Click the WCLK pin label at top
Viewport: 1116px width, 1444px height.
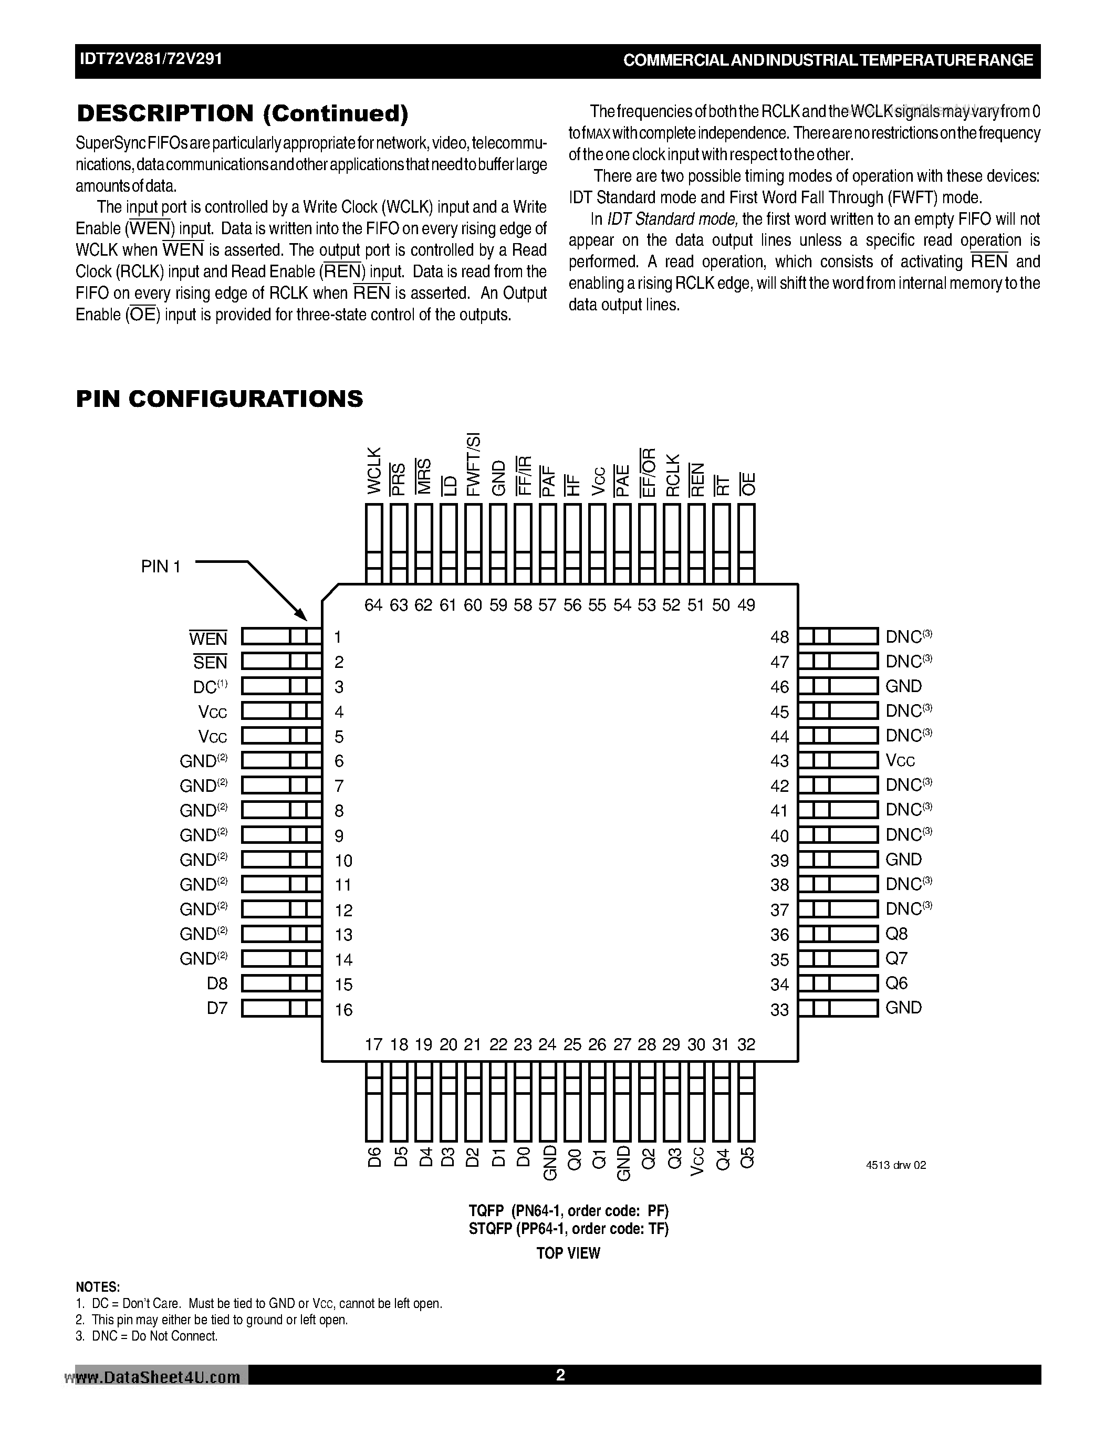click(373, 471)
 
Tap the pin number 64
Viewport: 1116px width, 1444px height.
click(373, 605)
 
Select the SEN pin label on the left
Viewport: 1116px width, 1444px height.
click(210, 662)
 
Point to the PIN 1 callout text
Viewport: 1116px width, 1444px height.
click(161, 567)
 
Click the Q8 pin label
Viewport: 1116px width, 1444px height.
click(896, 934)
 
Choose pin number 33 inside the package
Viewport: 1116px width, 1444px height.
click(779, 1010)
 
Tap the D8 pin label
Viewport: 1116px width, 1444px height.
click(217, 983)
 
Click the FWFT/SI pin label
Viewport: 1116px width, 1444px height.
click(473, 464)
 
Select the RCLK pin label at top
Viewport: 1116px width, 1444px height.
click(672, 475)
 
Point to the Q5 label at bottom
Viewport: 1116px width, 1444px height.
click(746, 1157)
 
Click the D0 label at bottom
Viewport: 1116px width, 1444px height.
click(523, 1157)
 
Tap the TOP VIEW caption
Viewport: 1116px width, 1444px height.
click(568, 1253)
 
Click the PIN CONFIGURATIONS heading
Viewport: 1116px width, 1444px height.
click(220, 399)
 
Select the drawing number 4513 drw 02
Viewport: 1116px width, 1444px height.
click(896, 1165)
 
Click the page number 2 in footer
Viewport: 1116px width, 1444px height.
click(560, 1375)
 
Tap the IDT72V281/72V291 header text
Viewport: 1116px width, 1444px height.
click(151, 59)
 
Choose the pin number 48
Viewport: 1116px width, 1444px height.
click(779, 637)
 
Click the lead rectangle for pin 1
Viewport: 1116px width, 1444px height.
click(281, 637)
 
